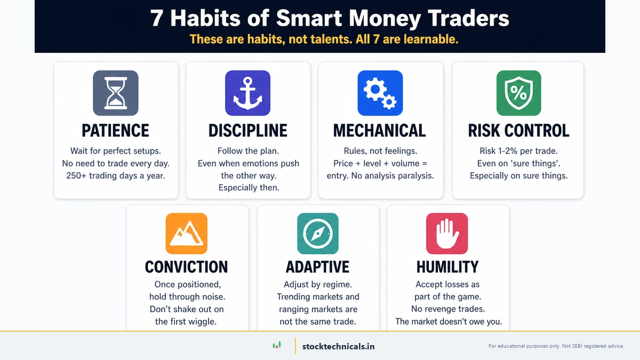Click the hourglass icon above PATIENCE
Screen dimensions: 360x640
click(116, 93)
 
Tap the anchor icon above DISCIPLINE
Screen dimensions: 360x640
click(247, 93)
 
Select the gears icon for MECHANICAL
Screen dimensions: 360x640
click(380, 93)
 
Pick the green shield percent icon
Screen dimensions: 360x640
click(518, 93)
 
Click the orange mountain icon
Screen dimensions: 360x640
click(186, 234)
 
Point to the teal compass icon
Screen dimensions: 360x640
click(317, 234)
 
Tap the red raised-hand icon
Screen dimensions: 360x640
click(447, 234)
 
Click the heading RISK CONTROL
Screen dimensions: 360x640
click(518, 131)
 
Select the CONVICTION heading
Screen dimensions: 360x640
click(186, 267)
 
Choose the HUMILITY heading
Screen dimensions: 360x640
click(447, 267)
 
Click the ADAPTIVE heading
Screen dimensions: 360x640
click(317, 267)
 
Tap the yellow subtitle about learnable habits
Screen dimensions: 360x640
click(324, 39)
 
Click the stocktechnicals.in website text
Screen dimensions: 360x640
click(338, 346)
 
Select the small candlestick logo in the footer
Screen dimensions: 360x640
click(277, 346)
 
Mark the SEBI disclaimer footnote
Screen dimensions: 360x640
click(556, 346)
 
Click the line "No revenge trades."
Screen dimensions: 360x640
click(447, 309)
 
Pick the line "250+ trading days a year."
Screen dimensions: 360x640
click(116, 176)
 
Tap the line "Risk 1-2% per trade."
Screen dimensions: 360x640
click(518, 151)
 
